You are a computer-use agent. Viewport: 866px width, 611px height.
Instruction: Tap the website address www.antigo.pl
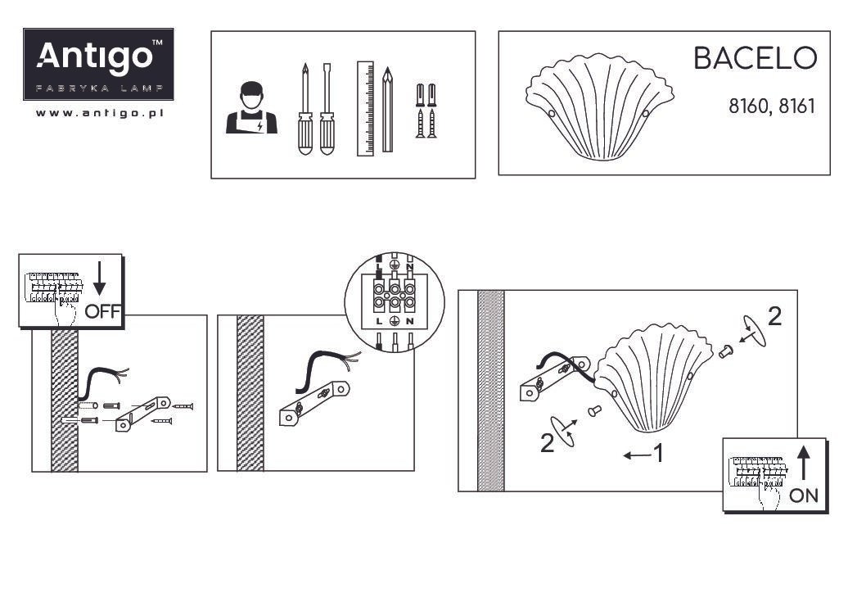tap(100, 113)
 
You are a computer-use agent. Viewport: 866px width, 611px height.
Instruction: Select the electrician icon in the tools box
tap(251, 108)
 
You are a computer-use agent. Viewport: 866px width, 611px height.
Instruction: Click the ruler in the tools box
tap(365, 108)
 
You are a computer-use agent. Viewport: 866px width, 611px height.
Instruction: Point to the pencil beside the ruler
tap(388, 110)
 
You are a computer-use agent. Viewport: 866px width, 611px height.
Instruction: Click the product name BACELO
tap(755, 58)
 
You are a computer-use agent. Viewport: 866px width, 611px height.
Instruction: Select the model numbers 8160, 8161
tap(772, 106)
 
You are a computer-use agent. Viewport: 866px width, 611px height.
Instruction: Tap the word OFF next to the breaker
tap(103, 311)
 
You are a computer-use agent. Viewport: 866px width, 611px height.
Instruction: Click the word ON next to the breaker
tap(804, 496)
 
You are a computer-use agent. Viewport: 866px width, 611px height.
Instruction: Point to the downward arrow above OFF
tap(99, 278)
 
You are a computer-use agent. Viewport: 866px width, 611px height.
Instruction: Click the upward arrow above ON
tap(804, 463)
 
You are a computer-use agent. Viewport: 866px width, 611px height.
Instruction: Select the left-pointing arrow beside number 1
tap(637, 455)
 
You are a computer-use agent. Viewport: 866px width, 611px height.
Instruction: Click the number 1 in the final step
tap(658, 454)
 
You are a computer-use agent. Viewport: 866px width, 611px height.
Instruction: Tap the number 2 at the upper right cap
tap(775, 316)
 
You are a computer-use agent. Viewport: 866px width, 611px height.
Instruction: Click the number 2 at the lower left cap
tap(547, 443)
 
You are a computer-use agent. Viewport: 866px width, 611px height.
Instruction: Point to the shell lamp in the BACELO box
tap(600, 106)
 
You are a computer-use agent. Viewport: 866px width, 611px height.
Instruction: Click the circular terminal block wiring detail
tap(395, 302)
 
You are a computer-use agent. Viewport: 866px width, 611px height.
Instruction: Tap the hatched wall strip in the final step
tap(491, 391)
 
